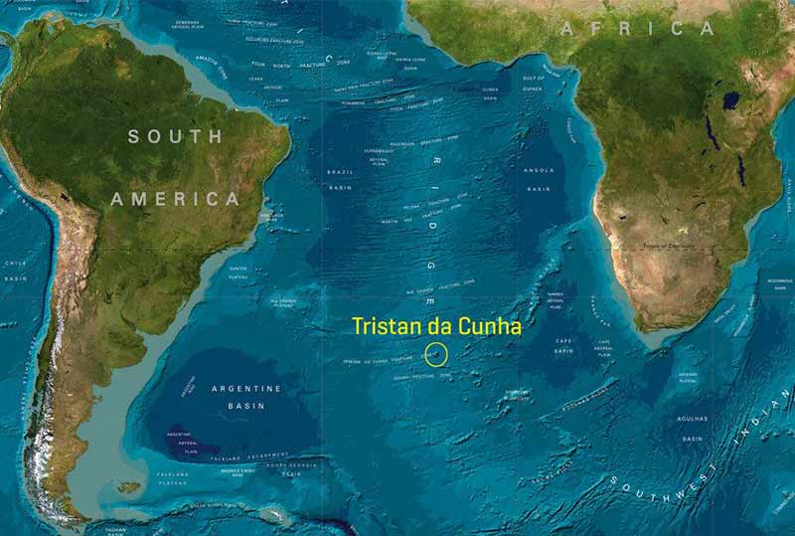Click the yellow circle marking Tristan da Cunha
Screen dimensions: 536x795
(x=435, y=353)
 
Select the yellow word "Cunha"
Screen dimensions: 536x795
(x=491, y=326)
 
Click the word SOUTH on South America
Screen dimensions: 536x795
(x=175, y=136)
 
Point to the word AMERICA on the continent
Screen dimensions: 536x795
(x=175, y=199)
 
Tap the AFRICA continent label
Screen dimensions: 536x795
(x=637, y=28)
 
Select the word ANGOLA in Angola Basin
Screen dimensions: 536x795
(x=539, y=170)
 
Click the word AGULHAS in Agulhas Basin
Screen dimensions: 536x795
(x=692, y=421)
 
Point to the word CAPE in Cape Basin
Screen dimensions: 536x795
(x=564, y=340)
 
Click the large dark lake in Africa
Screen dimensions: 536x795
(x=732, y=100)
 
